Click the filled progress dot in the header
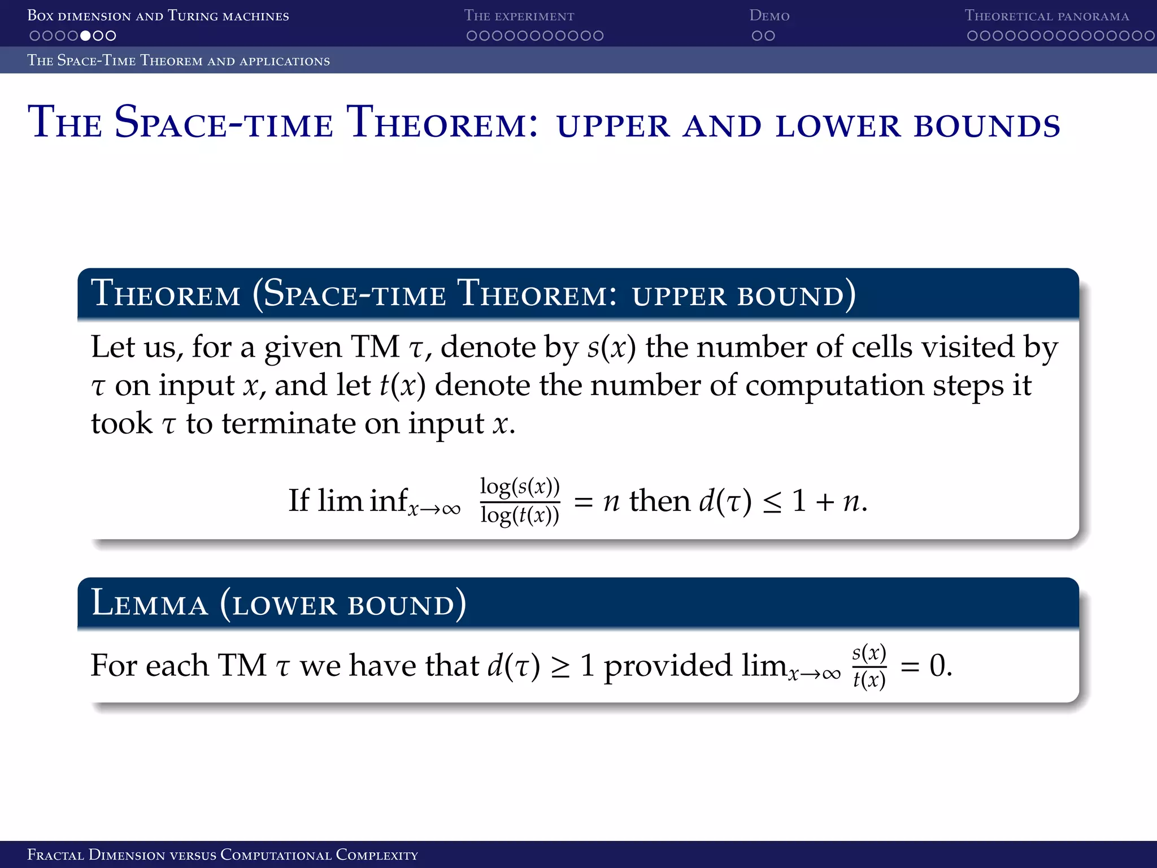pos(85,36)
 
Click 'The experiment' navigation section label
pos(519,16)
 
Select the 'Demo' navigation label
pos(769,16)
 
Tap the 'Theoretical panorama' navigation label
pos(1046,16)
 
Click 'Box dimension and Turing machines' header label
pos(158,16)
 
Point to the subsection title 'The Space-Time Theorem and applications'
pos(179,60)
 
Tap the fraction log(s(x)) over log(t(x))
pos(520,501)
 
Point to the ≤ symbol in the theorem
pos(772,502)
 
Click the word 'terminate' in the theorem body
pos(289,423)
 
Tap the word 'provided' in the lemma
pos(668,666)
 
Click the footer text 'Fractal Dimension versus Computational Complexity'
pos(223,854)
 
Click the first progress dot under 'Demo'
pos(756,36)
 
